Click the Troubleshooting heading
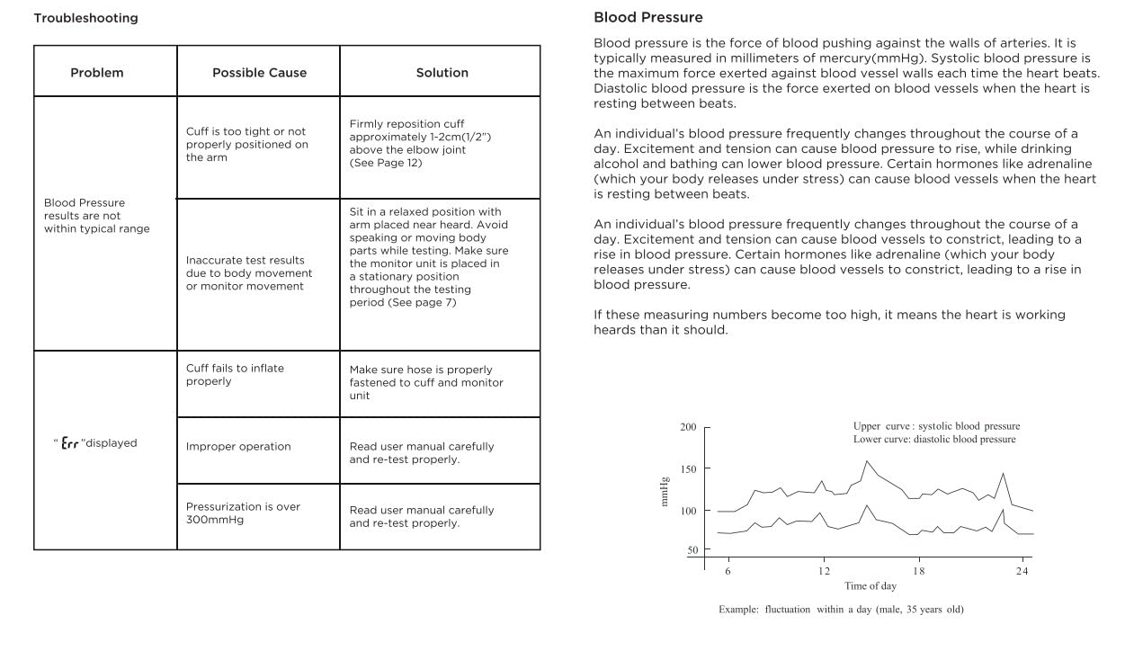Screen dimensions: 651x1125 click(86, 18)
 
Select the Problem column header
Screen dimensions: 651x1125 click(97, 73)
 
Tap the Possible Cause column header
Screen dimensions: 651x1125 click(259, 73)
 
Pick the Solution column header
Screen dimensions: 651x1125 click(442, 73)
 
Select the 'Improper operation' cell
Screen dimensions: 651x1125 click(238, 447)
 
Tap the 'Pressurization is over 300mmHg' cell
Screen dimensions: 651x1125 click(243, 513)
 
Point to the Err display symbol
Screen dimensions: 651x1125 click(70, 443)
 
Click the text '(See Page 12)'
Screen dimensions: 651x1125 click(386, 163)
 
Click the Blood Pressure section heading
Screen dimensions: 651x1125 click(648, 17)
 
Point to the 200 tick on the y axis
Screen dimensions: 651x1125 click(689, 427)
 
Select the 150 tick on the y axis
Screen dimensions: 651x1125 click(689, 468)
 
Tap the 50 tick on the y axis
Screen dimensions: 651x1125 click(692, 550)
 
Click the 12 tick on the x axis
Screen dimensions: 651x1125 click(824, 571)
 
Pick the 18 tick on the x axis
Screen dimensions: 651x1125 click(918, 571)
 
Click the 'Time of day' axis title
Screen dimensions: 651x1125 click(870, 586)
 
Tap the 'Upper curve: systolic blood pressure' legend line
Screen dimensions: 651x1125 click(936, 426)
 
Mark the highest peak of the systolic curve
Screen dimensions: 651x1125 click(868, 461)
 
